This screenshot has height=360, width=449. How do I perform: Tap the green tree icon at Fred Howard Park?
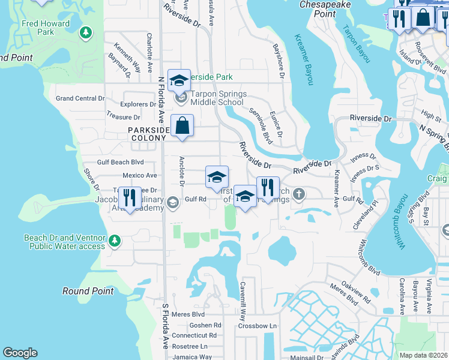pos(85,31)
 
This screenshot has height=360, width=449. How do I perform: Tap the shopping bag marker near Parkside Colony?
pos(182,127)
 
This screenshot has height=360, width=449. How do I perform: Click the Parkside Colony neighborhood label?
pos(147,134)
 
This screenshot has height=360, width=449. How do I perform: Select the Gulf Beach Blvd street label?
pos(121,162)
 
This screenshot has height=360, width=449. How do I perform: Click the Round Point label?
pos(88,291)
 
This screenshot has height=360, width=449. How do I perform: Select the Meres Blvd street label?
pos(188,314)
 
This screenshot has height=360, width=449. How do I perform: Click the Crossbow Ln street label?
pos(256,326)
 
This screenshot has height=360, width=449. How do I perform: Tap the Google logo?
pos(20,353)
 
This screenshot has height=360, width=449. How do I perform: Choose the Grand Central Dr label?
pos(80,98)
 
